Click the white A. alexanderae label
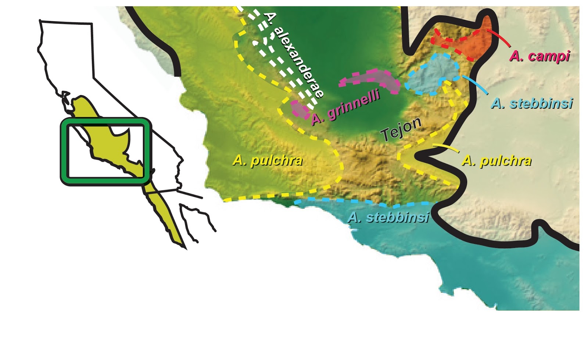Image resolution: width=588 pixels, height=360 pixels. [x=294, y=55]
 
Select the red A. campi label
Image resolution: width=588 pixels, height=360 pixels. [x=539, y=56]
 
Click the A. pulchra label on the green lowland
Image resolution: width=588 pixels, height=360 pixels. [x=268, y=160]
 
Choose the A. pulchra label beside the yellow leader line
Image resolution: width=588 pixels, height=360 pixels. [x=496, y=161]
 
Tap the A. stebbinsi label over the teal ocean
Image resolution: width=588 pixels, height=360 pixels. [x=388, y=217]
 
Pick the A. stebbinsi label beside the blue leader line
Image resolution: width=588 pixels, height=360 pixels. [x=532, y=104]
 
